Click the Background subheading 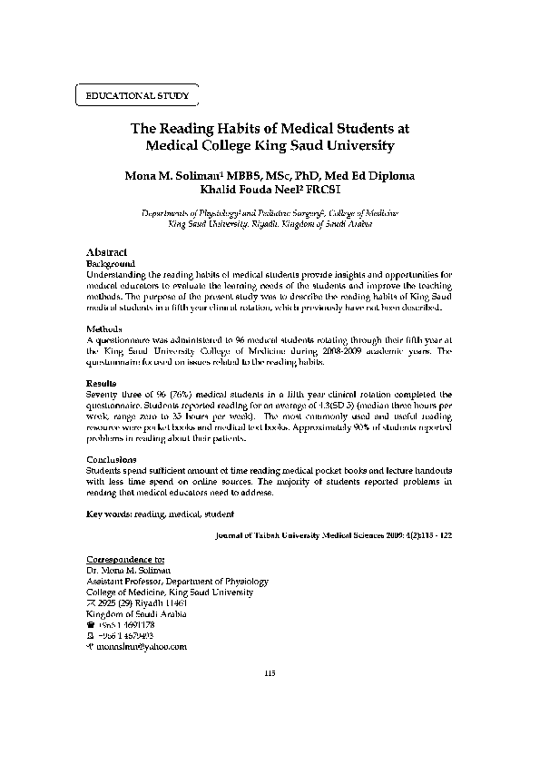click(x=109, y=262)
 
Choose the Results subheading click(x=101, y=384)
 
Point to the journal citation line click(x=332, y=536)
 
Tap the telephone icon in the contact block click(x=89, y=625)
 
